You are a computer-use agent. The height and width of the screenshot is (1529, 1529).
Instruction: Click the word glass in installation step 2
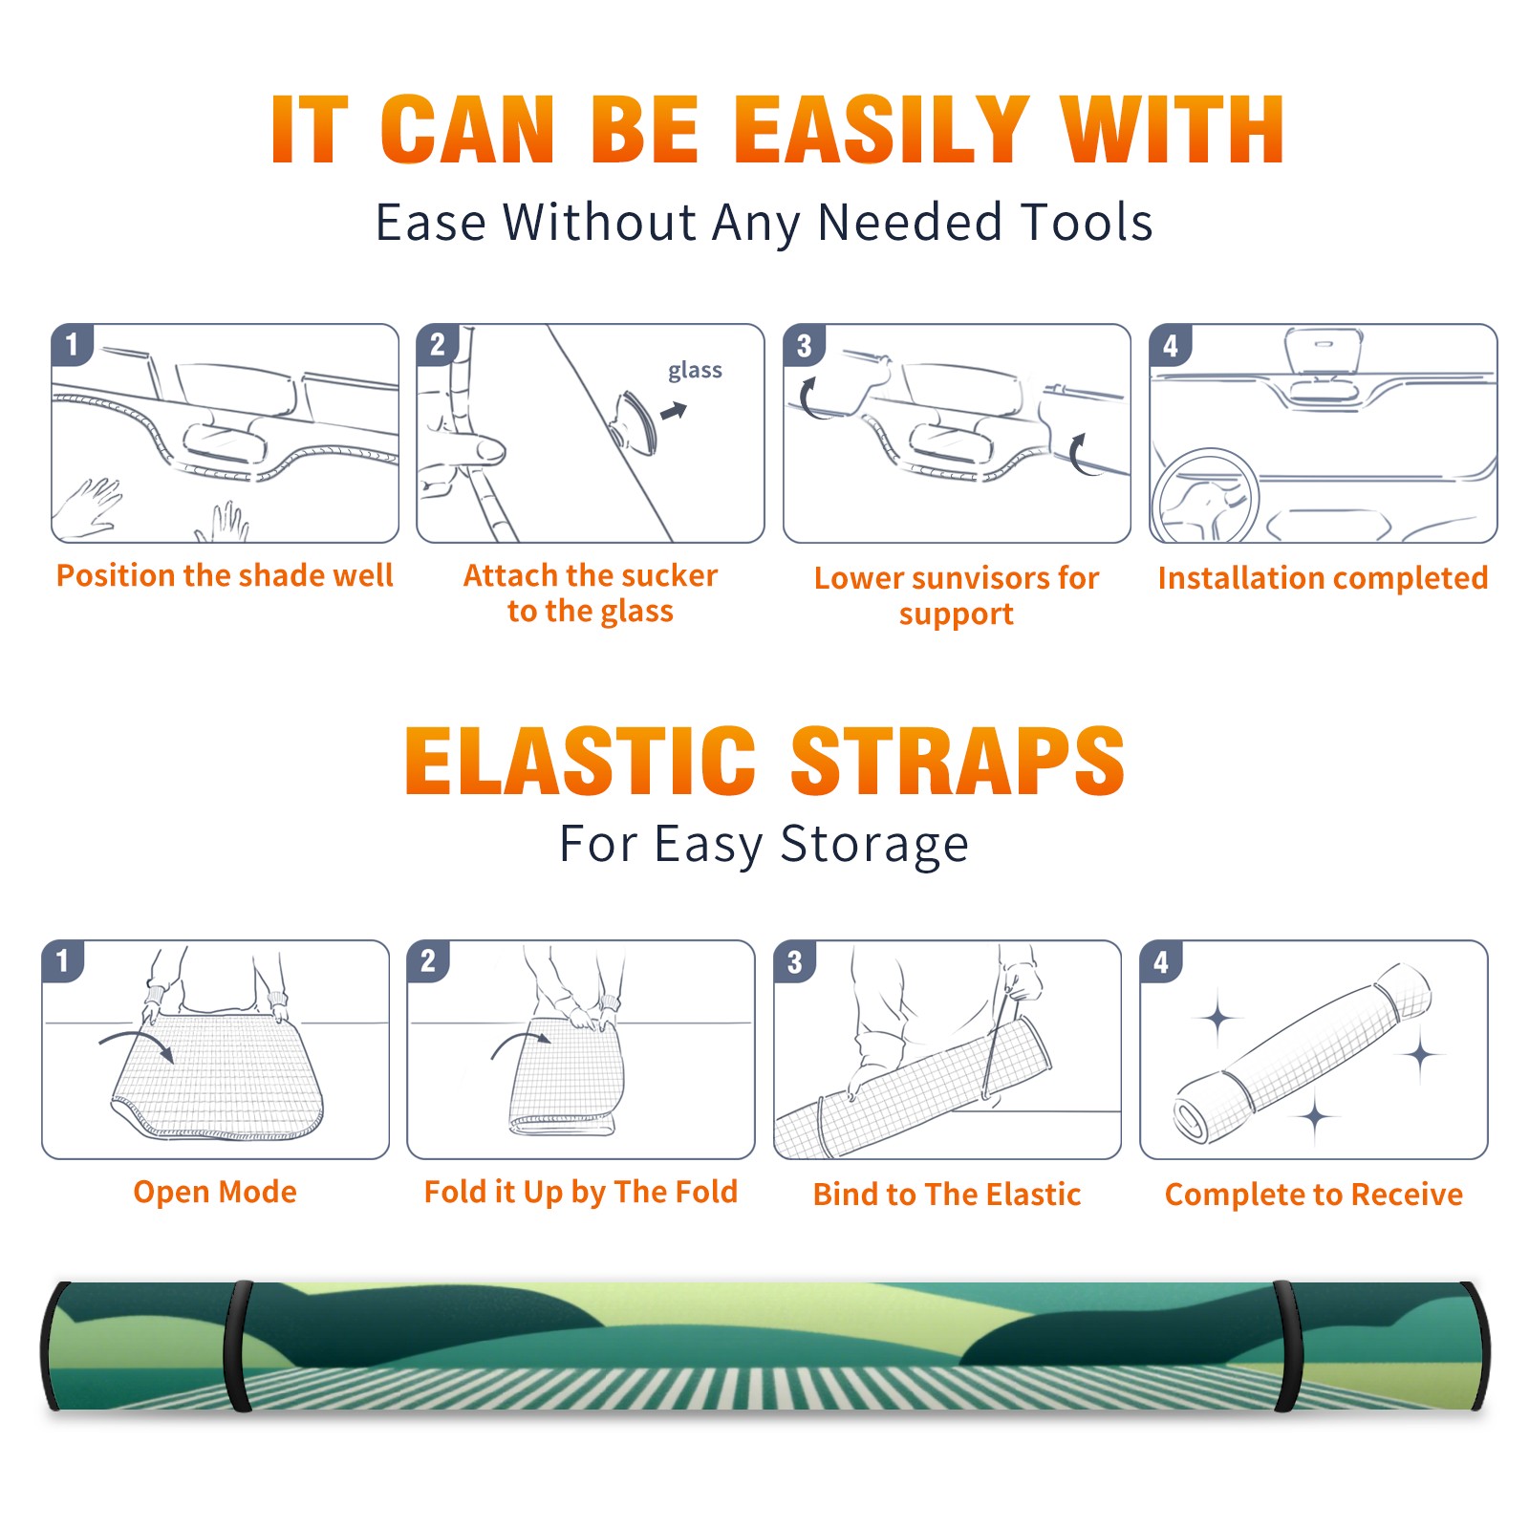695,370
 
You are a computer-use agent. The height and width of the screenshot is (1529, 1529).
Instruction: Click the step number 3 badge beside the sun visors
804,345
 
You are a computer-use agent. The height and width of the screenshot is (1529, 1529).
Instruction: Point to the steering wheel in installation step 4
1205,497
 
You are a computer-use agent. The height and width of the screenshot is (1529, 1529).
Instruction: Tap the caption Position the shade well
225,575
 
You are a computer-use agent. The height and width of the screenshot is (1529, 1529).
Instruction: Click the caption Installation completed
1324,578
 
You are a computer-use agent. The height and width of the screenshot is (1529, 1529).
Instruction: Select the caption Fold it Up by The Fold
581,1192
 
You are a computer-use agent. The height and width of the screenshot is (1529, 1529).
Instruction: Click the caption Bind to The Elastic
947,1195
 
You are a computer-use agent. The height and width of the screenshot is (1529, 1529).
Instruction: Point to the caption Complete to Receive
1314,1195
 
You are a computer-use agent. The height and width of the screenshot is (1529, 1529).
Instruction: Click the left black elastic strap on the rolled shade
237,1346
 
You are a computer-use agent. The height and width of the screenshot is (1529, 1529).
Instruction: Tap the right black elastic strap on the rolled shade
1286,1346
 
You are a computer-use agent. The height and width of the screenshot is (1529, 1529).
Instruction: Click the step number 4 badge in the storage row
1161,961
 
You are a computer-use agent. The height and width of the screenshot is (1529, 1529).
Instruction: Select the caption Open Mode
215,1192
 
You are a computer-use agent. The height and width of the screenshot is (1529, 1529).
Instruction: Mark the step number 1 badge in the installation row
72,344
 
